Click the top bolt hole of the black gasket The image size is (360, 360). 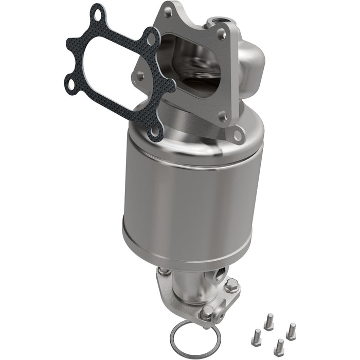[x=96, y=13]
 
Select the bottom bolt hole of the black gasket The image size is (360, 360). [x=154, y=131]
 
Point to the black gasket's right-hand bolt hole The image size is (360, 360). [x=151, y=38]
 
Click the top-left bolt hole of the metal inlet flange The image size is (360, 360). [x=168, y=12]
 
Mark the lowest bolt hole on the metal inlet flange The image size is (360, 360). [x=238, y=135]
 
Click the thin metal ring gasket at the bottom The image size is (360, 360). [x=195, y=338]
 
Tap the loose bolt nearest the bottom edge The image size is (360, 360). [x=279, y=347]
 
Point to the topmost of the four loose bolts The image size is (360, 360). [x=268, y=323]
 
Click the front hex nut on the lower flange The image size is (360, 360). [x=207, y=312]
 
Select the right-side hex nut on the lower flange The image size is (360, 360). [x=231, y=285]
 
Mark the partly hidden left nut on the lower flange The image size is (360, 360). [x=163, y=271]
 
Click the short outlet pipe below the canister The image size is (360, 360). [x=188, y=288]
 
